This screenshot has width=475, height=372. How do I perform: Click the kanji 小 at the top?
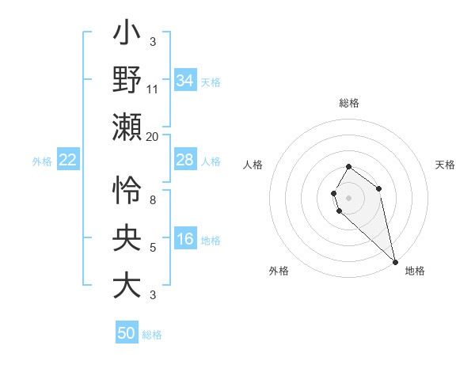tap(127, 35)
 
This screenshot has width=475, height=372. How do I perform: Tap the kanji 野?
tap(127, 80)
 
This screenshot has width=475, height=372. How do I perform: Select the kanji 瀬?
tap(127, 127)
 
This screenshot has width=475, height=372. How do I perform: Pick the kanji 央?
tap(127, 238)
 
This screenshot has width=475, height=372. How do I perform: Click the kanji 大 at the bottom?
tap(127, 286)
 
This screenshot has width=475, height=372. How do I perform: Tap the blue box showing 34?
tap(185, 80)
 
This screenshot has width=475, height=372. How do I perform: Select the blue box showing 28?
tap(185, 160)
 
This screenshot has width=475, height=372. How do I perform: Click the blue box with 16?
tap(185, 239)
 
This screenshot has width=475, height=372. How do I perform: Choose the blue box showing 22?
tap(68, 160)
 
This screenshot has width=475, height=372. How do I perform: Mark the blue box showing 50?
tap(127, 333)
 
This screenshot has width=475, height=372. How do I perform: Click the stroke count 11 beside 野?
tap(153, 89)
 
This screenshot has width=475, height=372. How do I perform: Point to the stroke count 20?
tap(153, 136)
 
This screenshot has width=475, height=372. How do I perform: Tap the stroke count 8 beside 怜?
tap(153, 199)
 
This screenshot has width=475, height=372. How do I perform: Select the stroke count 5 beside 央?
tap(153, 248)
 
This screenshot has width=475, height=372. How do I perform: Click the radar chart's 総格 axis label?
tap(349, 103)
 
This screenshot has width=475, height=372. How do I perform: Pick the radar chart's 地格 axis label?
tap(415, 271)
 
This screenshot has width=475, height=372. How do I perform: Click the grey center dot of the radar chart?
tap(348, 196)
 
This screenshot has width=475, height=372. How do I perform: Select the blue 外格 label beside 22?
tap(42, 161)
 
